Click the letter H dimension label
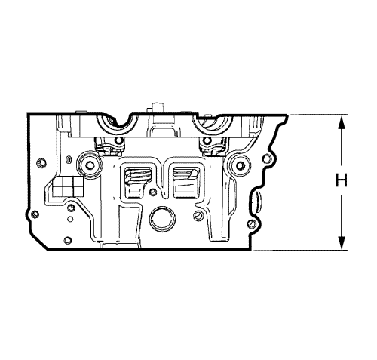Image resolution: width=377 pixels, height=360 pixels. click(342, 180)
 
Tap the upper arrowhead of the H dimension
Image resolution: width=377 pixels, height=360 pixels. click(341, 122)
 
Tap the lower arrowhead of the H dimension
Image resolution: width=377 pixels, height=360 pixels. click(341, 243)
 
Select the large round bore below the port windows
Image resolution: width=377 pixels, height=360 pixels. click(162, 220)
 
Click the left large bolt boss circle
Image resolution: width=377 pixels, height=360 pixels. click(90, 165)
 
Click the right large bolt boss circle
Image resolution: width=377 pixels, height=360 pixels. click(241, 165)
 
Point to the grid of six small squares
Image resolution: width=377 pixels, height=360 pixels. click(68, 186)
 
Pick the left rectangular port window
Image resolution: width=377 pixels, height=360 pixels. click(137, 182)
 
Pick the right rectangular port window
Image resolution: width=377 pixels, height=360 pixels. click(186, 183)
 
